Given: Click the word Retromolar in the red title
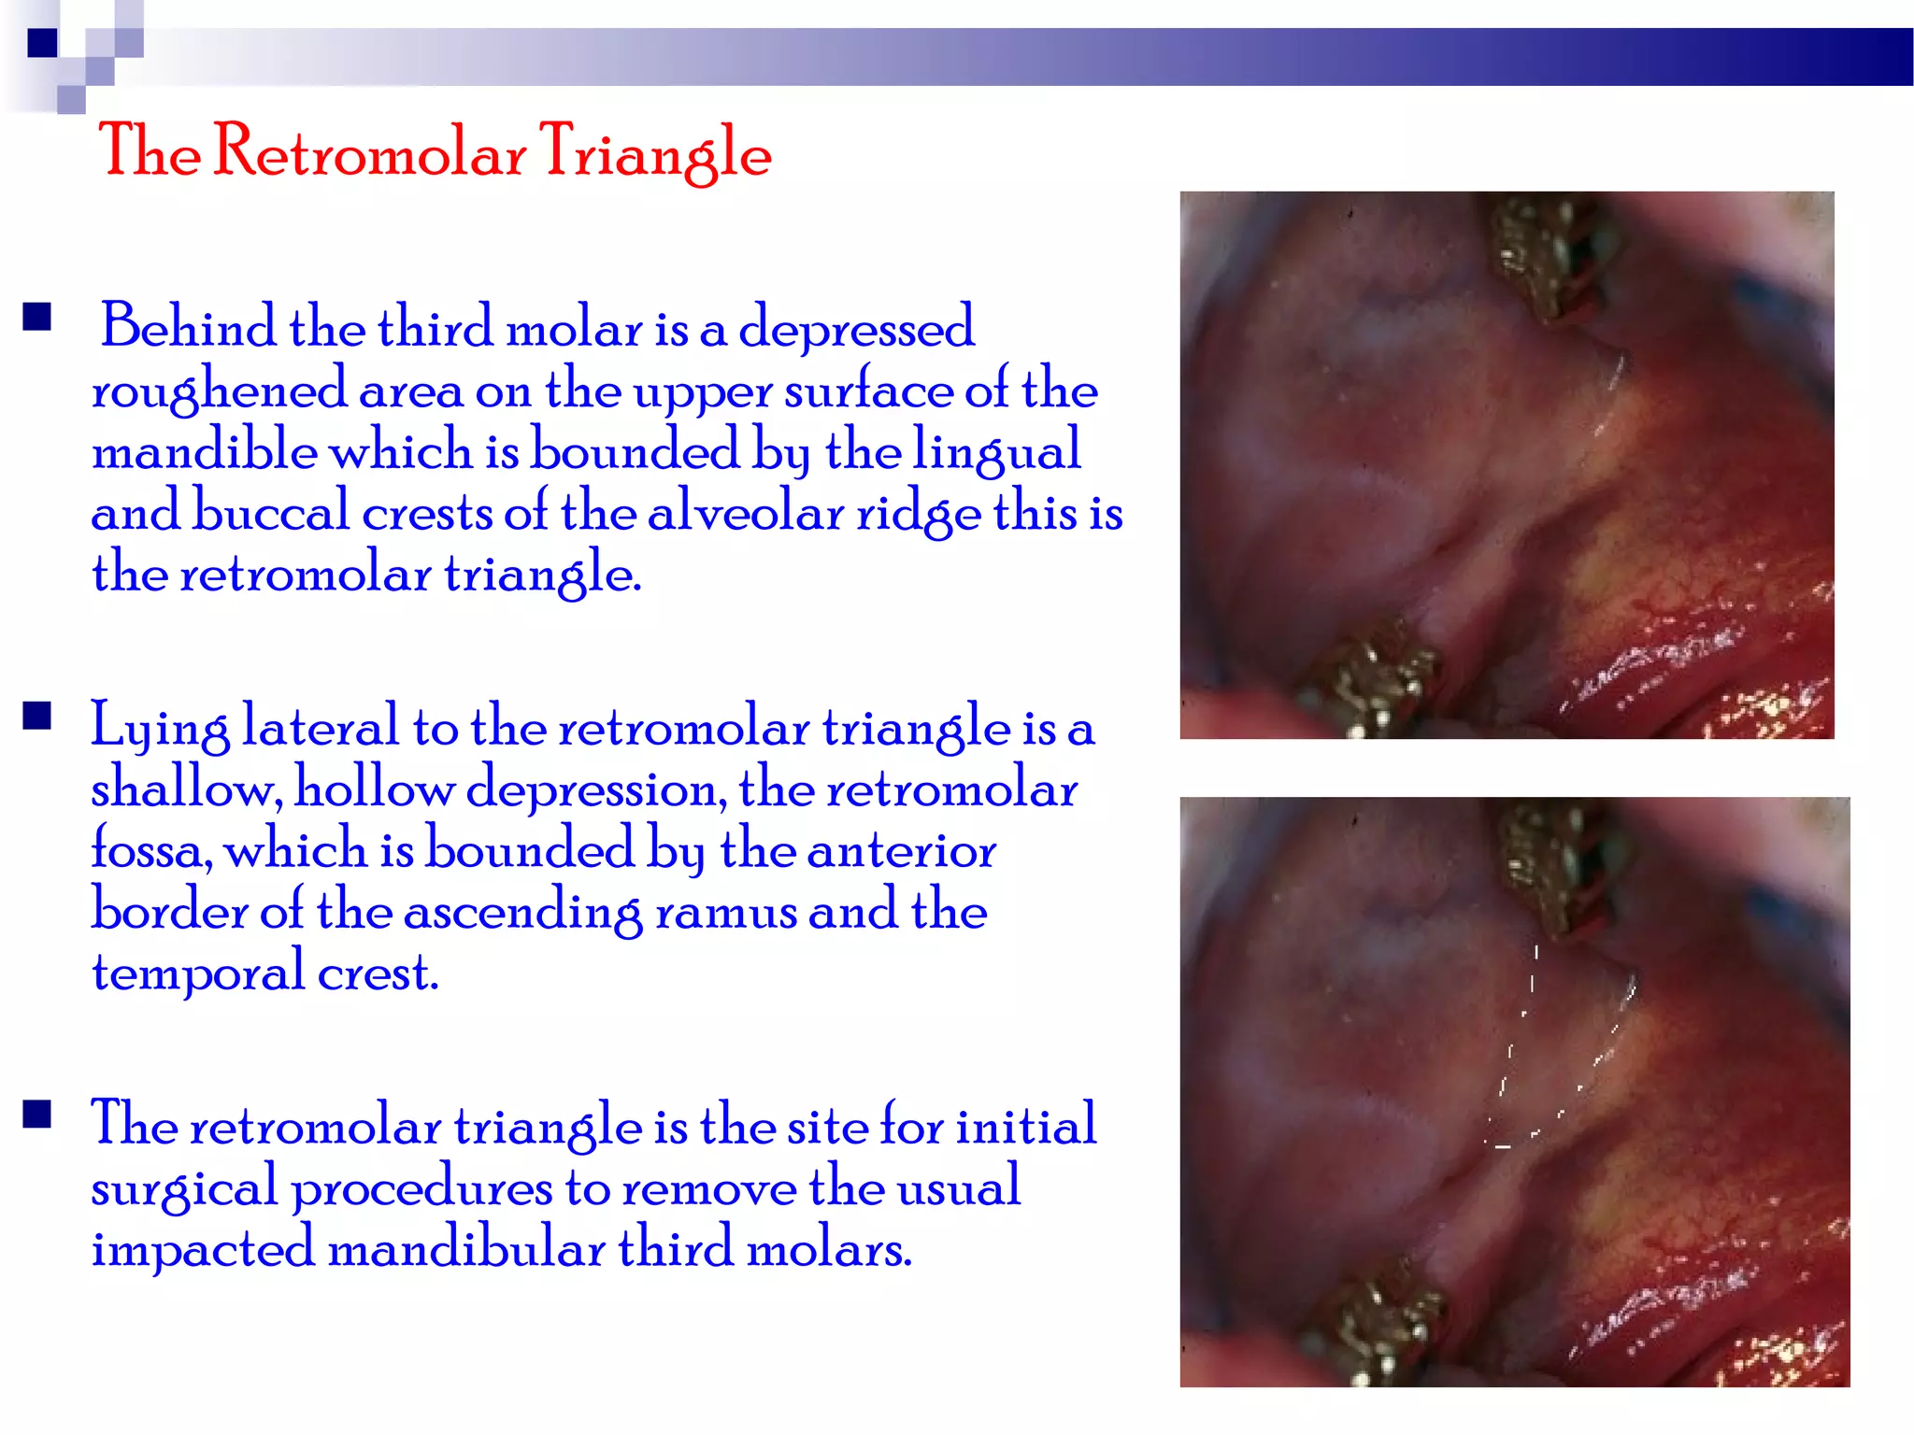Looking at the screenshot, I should (370, 151).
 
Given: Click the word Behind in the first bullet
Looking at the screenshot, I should (188, 327).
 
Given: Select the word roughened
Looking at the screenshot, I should (219, 391).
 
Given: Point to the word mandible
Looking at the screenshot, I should (205, 450).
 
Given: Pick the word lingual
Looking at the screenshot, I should (996, 452).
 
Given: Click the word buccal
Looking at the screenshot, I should (270, 512).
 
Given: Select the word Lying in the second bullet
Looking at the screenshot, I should (160, 727).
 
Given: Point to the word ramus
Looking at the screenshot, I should (725, 912).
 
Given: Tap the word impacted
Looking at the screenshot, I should (203, 1249).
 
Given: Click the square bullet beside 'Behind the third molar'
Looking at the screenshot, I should (37, 318).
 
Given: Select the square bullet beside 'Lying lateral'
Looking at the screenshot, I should (37, 717).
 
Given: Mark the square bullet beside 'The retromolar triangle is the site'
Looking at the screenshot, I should (37, 1115).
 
